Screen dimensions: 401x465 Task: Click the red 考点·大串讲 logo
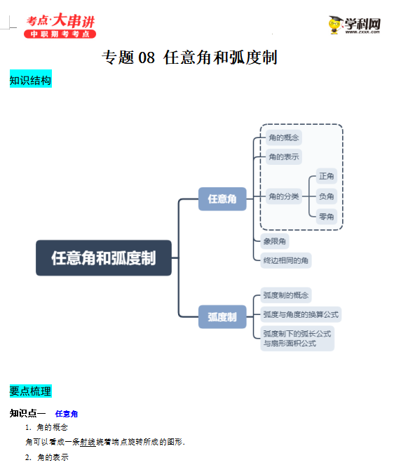tap(60, 25)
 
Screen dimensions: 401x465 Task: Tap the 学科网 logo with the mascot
tap(355, 25)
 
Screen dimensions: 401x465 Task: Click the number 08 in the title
tap(147, 58)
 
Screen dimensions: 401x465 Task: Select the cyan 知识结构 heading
tap(31, 79)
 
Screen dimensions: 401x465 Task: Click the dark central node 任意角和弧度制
tap(104, 258)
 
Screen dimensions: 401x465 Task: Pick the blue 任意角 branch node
tap(222, 199)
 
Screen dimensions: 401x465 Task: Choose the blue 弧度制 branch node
tap(222, 317)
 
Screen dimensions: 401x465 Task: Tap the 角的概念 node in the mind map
tap(284, 137)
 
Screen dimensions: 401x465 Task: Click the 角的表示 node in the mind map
tap(284, 157)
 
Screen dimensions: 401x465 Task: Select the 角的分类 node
tap(284, 196)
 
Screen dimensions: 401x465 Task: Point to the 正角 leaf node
tap(326, 176)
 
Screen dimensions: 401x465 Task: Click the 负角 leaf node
tap(326, 196)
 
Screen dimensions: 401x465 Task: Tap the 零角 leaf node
tap(326, 217)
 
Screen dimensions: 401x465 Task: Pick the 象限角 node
tap(274, 241)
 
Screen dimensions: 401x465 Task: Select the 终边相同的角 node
tap(286, 260)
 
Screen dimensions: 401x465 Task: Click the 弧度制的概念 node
tap(286, 295)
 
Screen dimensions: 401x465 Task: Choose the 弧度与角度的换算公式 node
tap(301, 314)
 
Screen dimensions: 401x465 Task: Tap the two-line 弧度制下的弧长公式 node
tap(297, 338)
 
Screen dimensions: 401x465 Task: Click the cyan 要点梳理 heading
tap(31, 391)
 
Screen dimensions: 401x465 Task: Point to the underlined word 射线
tap(88, 442)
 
